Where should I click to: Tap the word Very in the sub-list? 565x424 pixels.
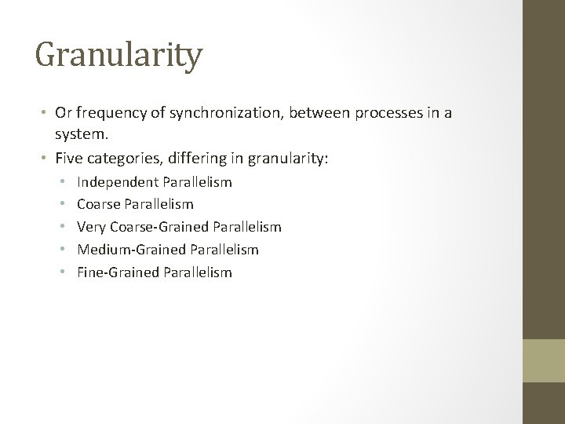click(91, 228)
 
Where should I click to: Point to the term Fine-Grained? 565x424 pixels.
click(114, 273)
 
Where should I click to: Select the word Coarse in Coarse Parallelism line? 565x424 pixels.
click(98, 205)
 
